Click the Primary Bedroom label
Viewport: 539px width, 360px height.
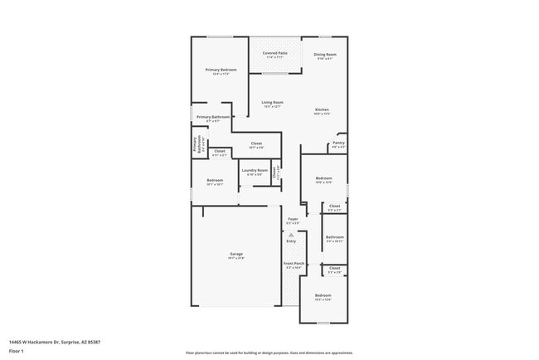pyautogui.click(x=221, y=71)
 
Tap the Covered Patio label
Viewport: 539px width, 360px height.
pyautogui.click(x=275, y=55)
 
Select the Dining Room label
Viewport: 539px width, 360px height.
pyautogui.click(x=325, y=56)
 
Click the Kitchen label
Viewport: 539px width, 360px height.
pyautogui.click(x=323, y=111)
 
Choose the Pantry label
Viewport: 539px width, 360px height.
pyautogui.click(x=338, y=144)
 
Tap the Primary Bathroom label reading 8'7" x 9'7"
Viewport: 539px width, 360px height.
pyautogui.click(x=212, y=119)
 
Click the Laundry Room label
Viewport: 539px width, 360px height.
pyautogui.click(x=255, y=172)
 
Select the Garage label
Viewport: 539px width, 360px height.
pyautogui.click(x=236, y=255)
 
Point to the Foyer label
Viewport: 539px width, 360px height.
pyautogui.click(x=293, y=221)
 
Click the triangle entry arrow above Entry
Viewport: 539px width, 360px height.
pyautogui.click(x=291, y=234)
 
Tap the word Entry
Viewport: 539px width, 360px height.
pyautogui.click(x=291, y=241)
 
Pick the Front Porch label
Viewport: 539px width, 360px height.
pyautogui.click(x=294, y=266)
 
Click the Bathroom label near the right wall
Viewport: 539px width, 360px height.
pyautogui.click(x=334, y=238)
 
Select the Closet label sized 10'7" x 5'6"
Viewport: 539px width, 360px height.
pyautogui.click(x=256, y=145)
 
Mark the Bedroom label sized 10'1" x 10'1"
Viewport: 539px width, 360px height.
pyautogui.click(x=214, y=181)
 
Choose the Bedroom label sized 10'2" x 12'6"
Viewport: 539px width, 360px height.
pyautogui.click(x=323, y=296)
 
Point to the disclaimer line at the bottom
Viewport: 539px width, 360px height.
pyautogui.click(x=269, y=353)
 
